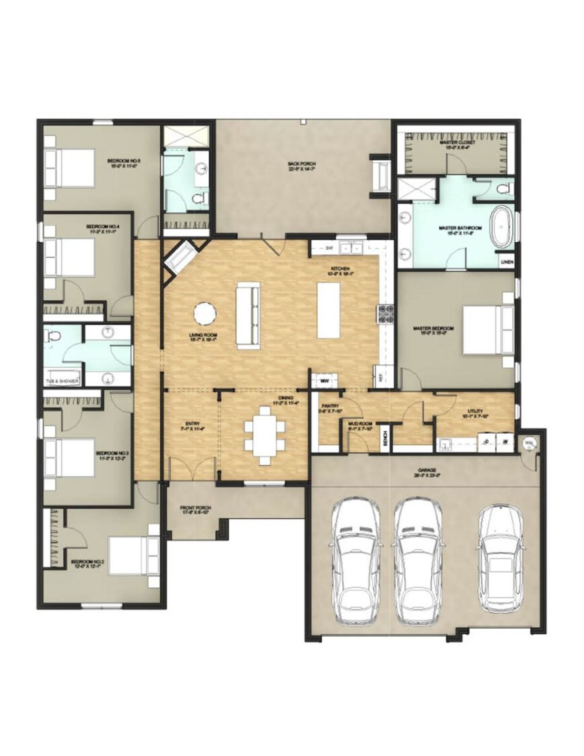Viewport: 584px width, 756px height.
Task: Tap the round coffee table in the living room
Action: [x=205, y=314]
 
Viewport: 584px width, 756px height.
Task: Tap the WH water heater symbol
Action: [x=529, y=442]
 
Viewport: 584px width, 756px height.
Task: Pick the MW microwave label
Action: [x=325, y=380]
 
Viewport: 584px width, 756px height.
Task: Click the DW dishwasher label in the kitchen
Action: [x=328, y=248]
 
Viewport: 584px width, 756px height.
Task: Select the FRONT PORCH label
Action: [x=195, y=510]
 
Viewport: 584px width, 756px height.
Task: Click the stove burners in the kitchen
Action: [x=385, y=314]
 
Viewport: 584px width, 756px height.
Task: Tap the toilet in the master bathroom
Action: [x=503, y=188]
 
